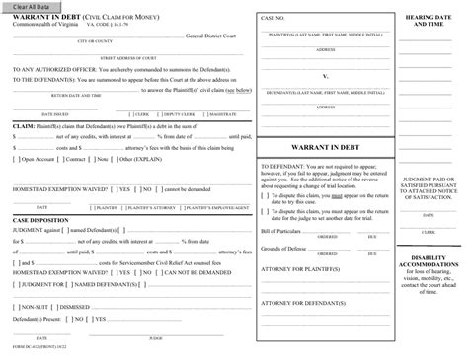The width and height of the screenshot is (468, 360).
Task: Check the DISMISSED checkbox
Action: point(57,308)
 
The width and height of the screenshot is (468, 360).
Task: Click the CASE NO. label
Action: point(273,19)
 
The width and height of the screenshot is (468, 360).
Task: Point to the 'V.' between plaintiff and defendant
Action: point(326,74)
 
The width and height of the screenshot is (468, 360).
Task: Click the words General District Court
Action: point(219,35)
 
